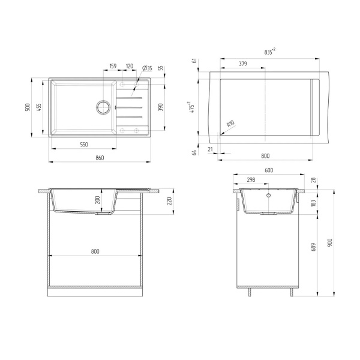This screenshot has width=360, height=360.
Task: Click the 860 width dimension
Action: [100, 158]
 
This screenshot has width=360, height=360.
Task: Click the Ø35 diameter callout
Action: [146, 67]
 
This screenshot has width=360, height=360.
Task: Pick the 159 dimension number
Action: [113, 67]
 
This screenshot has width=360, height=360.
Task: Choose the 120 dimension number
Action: [129, 67]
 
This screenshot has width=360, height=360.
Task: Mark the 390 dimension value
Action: [160, 107]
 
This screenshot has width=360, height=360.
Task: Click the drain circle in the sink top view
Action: [103, 108]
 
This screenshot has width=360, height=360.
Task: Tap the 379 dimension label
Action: [242, 64]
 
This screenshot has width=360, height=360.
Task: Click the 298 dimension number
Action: [252, 179]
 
